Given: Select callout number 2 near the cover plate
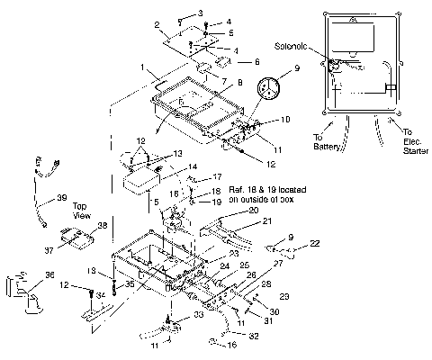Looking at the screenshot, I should (157, 23).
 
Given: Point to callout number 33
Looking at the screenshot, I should (197, 314).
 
